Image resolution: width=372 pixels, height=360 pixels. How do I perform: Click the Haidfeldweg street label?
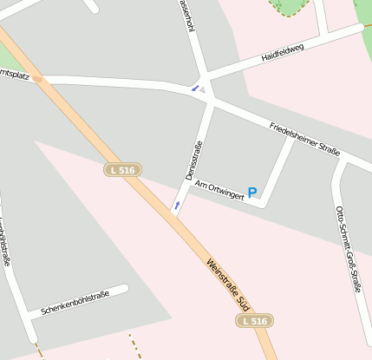coord(284,56)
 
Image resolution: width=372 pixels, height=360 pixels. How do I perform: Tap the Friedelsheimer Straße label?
coord(303,136)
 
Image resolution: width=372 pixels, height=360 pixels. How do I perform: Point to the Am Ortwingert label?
coord(218,189)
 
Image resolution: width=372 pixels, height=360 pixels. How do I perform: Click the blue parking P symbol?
coord(252,193)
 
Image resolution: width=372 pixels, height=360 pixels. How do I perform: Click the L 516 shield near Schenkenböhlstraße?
coord(255,321)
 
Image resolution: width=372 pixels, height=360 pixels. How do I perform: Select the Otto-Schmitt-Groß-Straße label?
coord(347,248)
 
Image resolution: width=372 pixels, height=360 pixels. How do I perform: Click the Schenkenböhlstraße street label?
coord(75,303)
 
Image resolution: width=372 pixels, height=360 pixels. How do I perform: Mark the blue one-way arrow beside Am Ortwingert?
coord(177,206)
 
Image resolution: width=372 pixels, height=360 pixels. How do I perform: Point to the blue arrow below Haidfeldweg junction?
coord(194,88)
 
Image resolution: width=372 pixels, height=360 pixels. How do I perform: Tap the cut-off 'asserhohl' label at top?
coord(186,15)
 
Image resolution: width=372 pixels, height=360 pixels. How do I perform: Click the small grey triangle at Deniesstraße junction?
coord(203,89)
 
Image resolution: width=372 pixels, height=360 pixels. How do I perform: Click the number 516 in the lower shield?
coord(259,321)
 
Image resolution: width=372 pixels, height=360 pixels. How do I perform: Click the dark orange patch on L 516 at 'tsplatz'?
coord(38,78)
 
